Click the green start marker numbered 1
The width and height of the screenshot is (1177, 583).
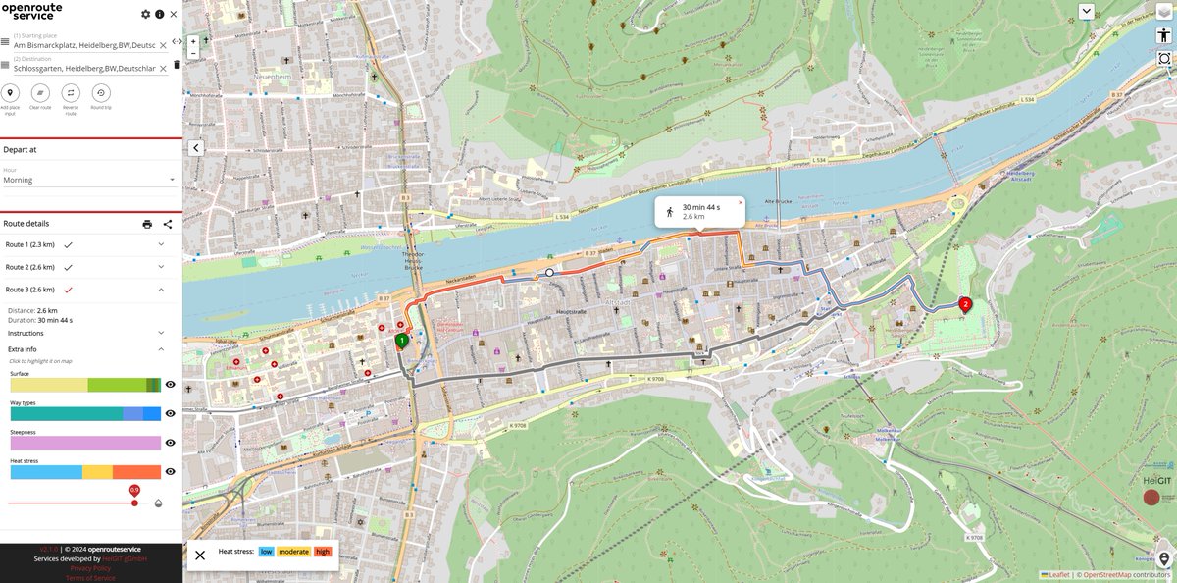click(x=402, y=340)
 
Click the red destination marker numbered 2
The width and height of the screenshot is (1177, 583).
click(x=965, y=304)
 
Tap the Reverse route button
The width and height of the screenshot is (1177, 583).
click(x=71, y=93)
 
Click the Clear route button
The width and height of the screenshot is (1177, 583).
click(x=40, y=93)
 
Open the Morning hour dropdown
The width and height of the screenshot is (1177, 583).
click(x=88, y=180)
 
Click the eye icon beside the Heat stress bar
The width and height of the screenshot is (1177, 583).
click(x=170, y=472)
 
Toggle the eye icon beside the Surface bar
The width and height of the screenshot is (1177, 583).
click(x=170, y=386)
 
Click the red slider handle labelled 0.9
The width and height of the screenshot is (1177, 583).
click(x=134, y=503)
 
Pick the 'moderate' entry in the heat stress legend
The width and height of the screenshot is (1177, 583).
click(x=294, y=552)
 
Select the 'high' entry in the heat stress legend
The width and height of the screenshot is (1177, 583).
click(x=323, y=552)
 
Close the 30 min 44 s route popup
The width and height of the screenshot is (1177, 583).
click(x=740, y=202)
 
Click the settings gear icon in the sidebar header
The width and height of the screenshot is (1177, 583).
click(x=146, y=14)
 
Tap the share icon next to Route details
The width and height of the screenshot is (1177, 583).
click(x=168, y=224)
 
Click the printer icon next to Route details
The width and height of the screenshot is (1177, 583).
click(x=147, y=224)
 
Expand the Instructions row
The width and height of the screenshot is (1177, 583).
click(x=83, y=333)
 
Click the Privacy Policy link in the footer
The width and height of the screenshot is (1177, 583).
click(x=90, y=568)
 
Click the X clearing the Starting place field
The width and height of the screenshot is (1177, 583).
click(x=163, y=45)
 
